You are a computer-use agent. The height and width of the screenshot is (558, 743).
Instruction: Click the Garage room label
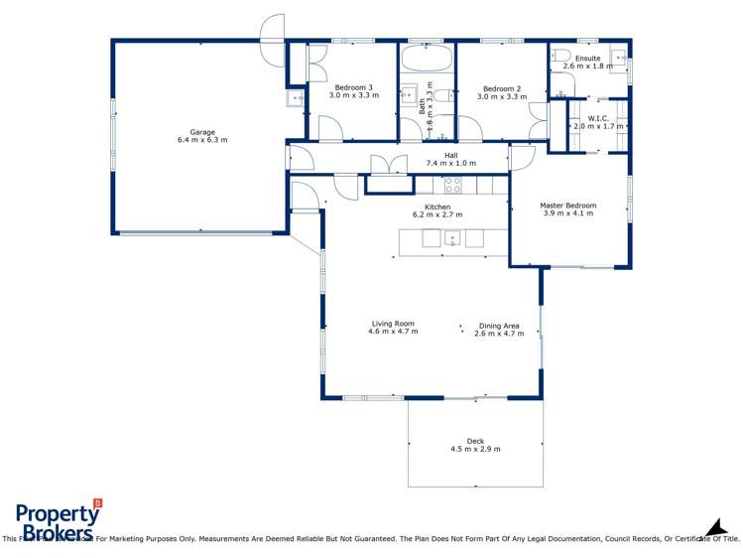[202, 132]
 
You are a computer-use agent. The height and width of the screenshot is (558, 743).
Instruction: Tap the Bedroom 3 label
[353, 87]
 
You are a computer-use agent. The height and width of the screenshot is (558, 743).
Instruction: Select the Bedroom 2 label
[501, 87]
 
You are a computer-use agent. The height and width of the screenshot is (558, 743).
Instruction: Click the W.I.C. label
[597, 118]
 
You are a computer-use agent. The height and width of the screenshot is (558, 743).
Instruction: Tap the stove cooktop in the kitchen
[452, 184]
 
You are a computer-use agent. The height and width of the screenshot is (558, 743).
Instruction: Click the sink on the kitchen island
[452, 238]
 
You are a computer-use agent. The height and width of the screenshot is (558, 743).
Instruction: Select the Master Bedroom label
[567, 206]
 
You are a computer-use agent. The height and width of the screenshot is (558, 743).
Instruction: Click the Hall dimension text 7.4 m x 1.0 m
[450, 163]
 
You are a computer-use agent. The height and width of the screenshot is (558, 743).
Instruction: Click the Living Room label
[393, 324]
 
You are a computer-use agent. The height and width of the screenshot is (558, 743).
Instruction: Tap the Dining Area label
[498, 326]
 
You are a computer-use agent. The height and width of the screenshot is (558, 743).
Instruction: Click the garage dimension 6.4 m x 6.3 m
[202, 140]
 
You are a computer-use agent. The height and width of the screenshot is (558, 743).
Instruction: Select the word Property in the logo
[57, 513]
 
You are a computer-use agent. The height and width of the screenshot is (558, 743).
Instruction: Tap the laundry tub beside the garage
[295, 98]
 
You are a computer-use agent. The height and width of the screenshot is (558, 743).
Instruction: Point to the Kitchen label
[437, 207]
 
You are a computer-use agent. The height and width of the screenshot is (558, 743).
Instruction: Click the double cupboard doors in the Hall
[388, 165]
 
